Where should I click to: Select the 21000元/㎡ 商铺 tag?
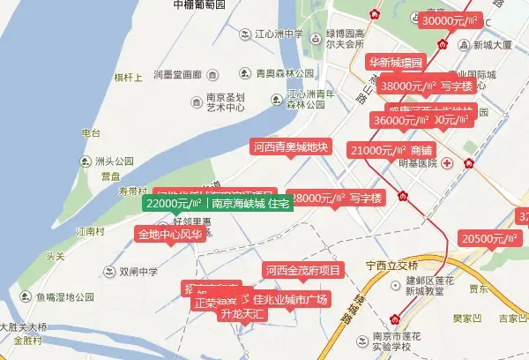[392, 151]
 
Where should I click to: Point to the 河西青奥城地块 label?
[290, 147]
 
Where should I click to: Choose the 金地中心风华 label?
[169, 235]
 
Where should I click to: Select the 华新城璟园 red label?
[397, 63]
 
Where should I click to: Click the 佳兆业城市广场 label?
[290, 300]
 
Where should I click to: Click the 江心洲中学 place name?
[279, 35]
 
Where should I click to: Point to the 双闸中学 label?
[138, 272]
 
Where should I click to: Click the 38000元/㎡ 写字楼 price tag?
[427, 86]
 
